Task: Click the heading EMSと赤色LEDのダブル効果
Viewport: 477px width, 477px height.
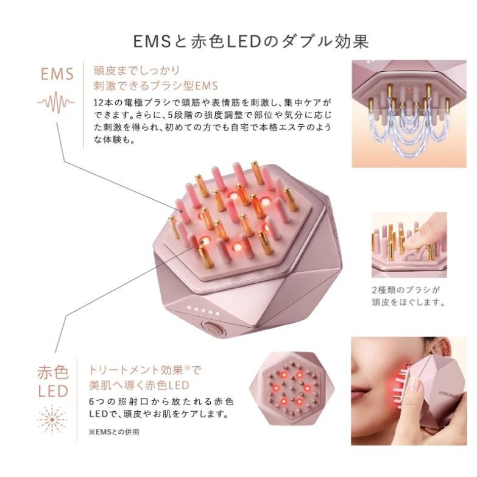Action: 251,41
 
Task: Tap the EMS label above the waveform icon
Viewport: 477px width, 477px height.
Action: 57,74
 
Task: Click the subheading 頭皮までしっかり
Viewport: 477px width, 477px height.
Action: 130,70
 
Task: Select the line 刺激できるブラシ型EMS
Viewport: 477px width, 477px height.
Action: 155,85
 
